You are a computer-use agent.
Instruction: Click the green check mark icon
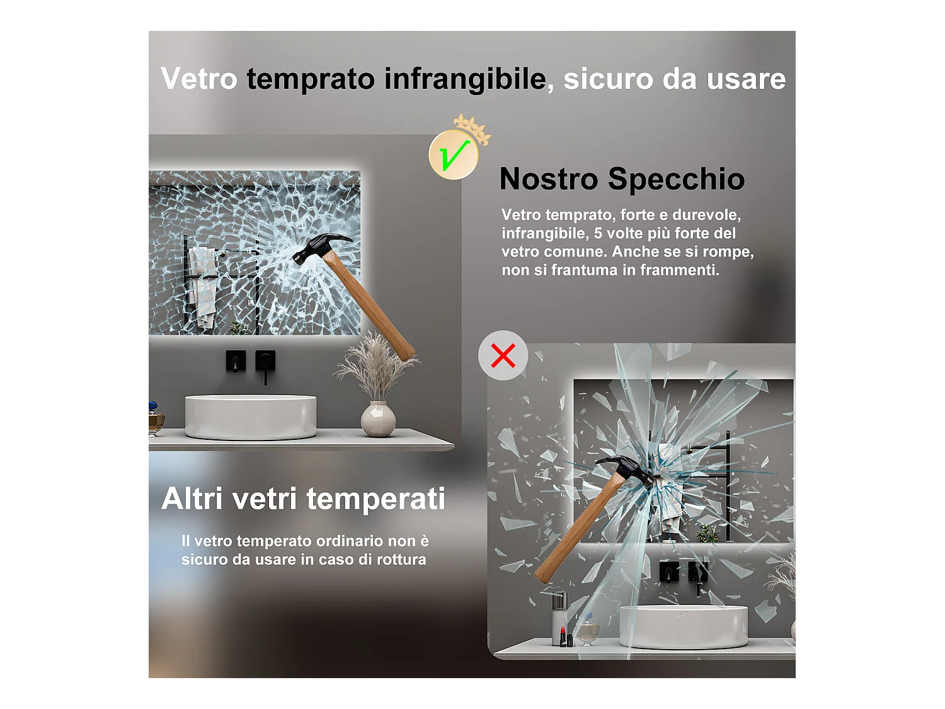click(454, 154)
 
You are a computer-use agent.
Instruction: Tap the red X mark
click(503, 355)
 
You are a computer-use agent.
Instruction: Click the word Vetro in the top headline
click(199, 79)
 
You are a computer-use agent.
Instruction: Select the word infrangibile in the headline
click(465, 79)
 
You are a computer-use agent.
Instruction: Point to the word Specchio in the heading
click(677, 179)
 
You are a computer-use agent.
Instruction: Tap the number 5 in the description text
click(598, 233)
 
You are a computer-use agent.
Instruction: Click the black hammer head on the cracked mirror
click(321, 247)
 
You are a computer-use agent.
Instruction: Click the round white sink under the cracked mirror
click(251, 417)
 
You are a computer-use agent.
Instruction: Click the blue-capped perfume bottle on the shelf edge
click(156, 418)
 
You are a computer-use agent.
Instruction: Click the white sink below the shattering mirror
click(684, 626)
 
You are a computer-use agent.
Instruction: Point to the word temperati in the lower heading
click(375, 499)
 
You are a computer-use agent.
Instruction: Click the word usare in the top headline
click(746, 79)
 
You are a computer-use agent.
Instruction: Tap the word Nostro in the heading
click(549, 179)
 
